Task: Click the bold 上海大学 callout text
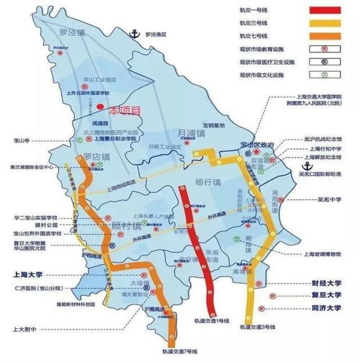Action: pos(29,274)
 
